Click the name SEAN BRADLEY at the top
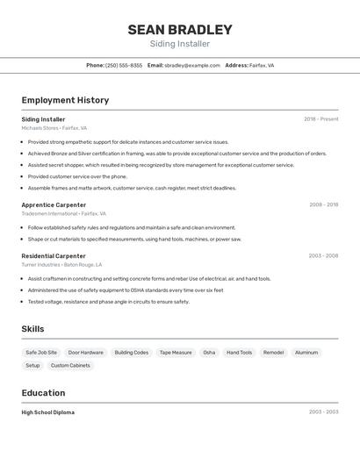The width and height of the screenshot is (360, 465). [180, 30]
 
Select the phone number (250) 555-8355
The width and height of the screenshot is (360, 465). [124, 66]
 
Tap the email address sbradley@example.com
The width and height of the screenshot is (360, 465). [192, 66]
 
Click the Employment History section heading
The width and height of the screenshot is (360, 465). [65, 100]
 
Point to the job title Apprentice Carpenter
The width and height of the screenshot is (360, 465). [54, 204]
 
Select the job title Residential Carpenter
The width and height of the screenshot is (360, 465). [54, 256]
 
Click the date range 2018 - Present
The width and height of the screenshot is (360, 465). [320, 119]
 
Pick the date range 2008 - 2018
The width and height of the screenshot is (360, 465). [323, 204]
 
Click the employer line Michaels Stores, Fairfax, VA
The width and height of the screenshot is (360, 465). [54, 128]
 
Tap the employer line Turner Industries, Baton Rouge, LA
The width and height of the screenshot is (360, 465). [62, 264]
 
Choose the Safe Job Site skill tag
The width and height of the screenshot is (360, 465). [41, 353]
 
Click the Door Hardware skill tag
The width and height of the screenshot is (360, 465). [86, 353]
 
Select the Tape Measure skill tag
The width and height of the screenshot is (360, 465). [176, 353]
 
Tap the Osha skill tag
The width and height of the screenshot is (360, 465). [209, 353]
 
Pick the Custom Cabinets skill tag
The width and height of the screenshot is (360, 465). [70, 365]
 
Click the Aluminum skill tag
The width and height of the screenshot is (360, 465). [306, 353]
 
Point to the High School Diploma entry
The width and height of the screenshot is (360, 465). [48, 412]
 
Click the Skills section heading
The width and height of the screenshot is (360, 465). [33, 329]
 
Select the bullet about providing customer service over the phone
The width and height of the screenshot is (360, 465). [77, 176]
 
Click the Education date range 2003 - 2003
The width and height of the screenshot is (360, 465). [323, 412]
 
